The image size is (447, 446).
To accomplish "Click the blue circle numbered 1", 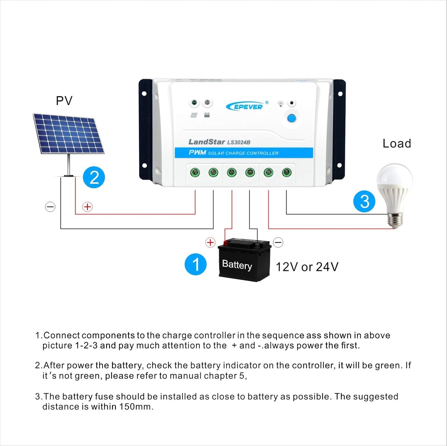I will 196,264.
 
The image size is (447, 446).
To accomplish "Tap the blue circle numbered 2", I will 94,178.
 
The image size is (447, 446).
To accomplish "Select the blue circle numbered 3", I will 364,201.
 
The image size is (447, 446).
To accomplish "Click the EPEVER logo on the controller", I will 246,107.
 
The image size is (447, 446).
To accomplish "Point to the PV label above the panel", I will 64,101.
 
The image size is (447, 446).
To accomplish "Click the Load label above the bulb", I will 397,144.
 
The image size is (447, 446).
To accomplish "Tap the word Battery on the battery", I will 237,265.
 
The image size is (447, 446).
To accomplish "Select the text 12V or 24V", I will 307,267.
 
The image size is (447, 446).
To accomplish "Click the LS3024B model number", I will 239,142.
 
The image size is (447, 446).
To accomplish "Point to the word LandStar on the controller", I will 206,142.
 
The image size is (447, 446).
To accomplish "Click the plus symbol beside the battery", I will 210,242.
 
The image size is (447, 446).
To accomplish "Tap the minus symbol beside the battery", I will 278,242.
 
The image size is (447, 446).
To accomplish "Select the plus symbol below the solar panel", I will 88,207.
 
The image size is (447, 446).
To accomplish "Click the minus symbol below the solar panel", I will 50,207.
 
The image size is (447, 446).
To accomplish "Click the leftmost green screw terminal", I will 195,172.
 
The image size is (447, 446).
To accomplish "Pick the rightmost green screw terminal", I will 286,172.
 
